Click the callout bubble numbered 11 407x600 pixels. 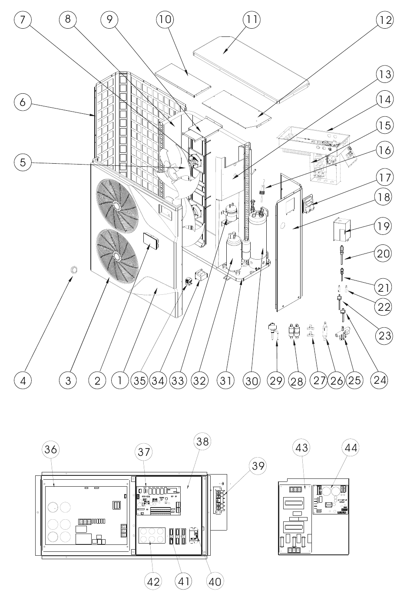pyautogui.click(x=251, y=19)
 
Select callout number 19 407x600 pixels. pyautogui.click(x=383, y=226)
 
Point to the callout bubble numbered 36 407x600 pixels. pyautogui.click(x=51, y=449)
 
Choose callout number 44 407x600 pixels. pyautogui.click(x=351, y=447)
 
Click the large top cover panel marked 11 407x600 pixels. pyautogui.click(x=251, y=69)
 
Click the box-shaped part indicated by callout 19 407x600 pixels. pyautogui.click(x=341, y=230)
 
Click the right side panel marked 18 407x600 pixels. pyautogui.click(x=289, y=242)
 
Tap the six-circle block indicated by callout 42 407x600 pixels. pyautogui.click(x=152, y=535)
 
